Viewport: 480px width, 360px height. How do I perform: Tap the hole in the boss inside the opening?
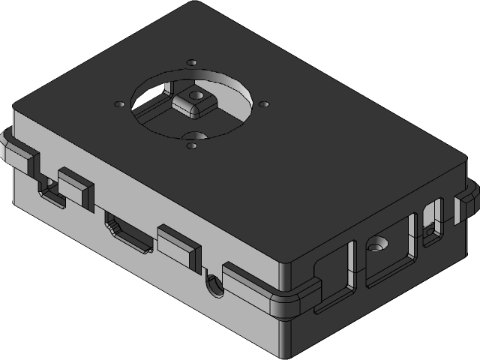198,95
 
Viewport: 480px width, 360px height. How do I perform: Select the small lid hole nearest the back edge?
192,62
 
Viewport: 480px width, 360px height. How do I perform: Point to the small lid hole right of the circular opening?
264,103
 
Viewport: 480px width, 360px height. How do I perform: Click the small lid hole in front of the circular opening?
190,146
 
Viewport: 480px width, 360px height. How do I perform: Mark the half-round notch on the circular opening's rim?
193,136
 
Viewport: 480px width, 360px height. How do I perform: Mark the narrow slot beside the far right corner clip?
433,222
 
